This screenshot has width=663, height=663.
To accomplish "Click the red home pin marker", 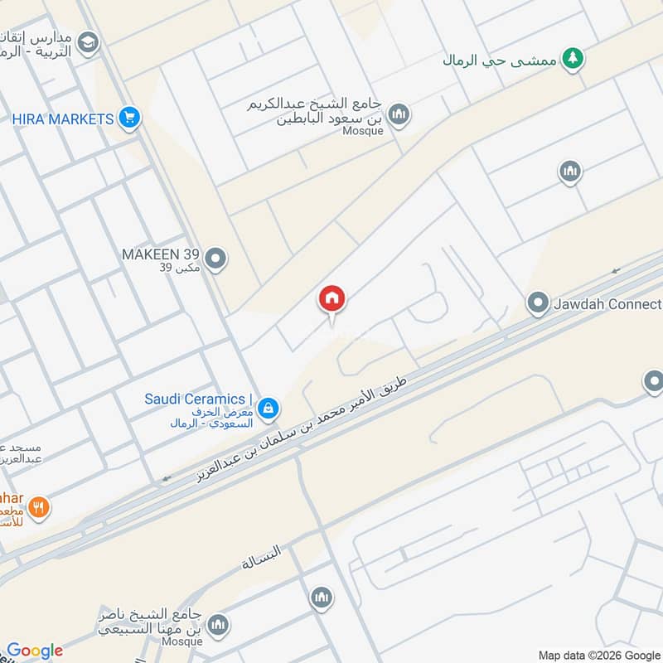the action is click(331, 298).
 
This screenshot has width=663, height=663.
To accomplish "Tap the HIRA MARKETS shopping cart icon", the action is click(128, 119).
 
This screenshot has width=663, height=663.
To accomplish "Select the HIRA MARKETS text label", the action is click(62, 119).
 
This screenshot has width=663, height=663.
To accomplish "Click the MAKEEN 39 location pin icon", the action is click(215, 259).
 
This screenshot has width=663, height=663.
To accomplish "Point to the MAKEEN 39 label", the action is click(161, 254).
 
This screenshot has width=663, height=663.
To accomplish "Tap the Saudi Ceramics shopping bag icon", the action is click(267, 408).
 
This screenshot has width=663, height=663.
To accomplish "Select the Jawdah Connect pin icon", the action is click(539, 303).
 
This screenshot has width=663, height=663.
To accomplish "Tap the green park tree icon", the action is click(570, 59).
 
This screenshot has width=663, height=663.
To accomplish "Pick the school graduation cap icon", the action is click(88, 43).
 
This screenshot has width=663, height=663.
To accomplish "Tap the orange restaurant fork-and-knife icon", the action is click(38, 506).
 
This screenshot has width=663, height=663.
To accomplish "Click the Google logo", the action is click(35, 651).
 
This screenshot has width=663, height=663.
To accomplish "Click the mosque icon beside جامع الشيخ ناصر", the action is click(219, 625).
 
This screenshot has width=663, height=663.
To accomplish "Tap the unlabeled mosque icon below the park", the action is click(569, 172).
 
